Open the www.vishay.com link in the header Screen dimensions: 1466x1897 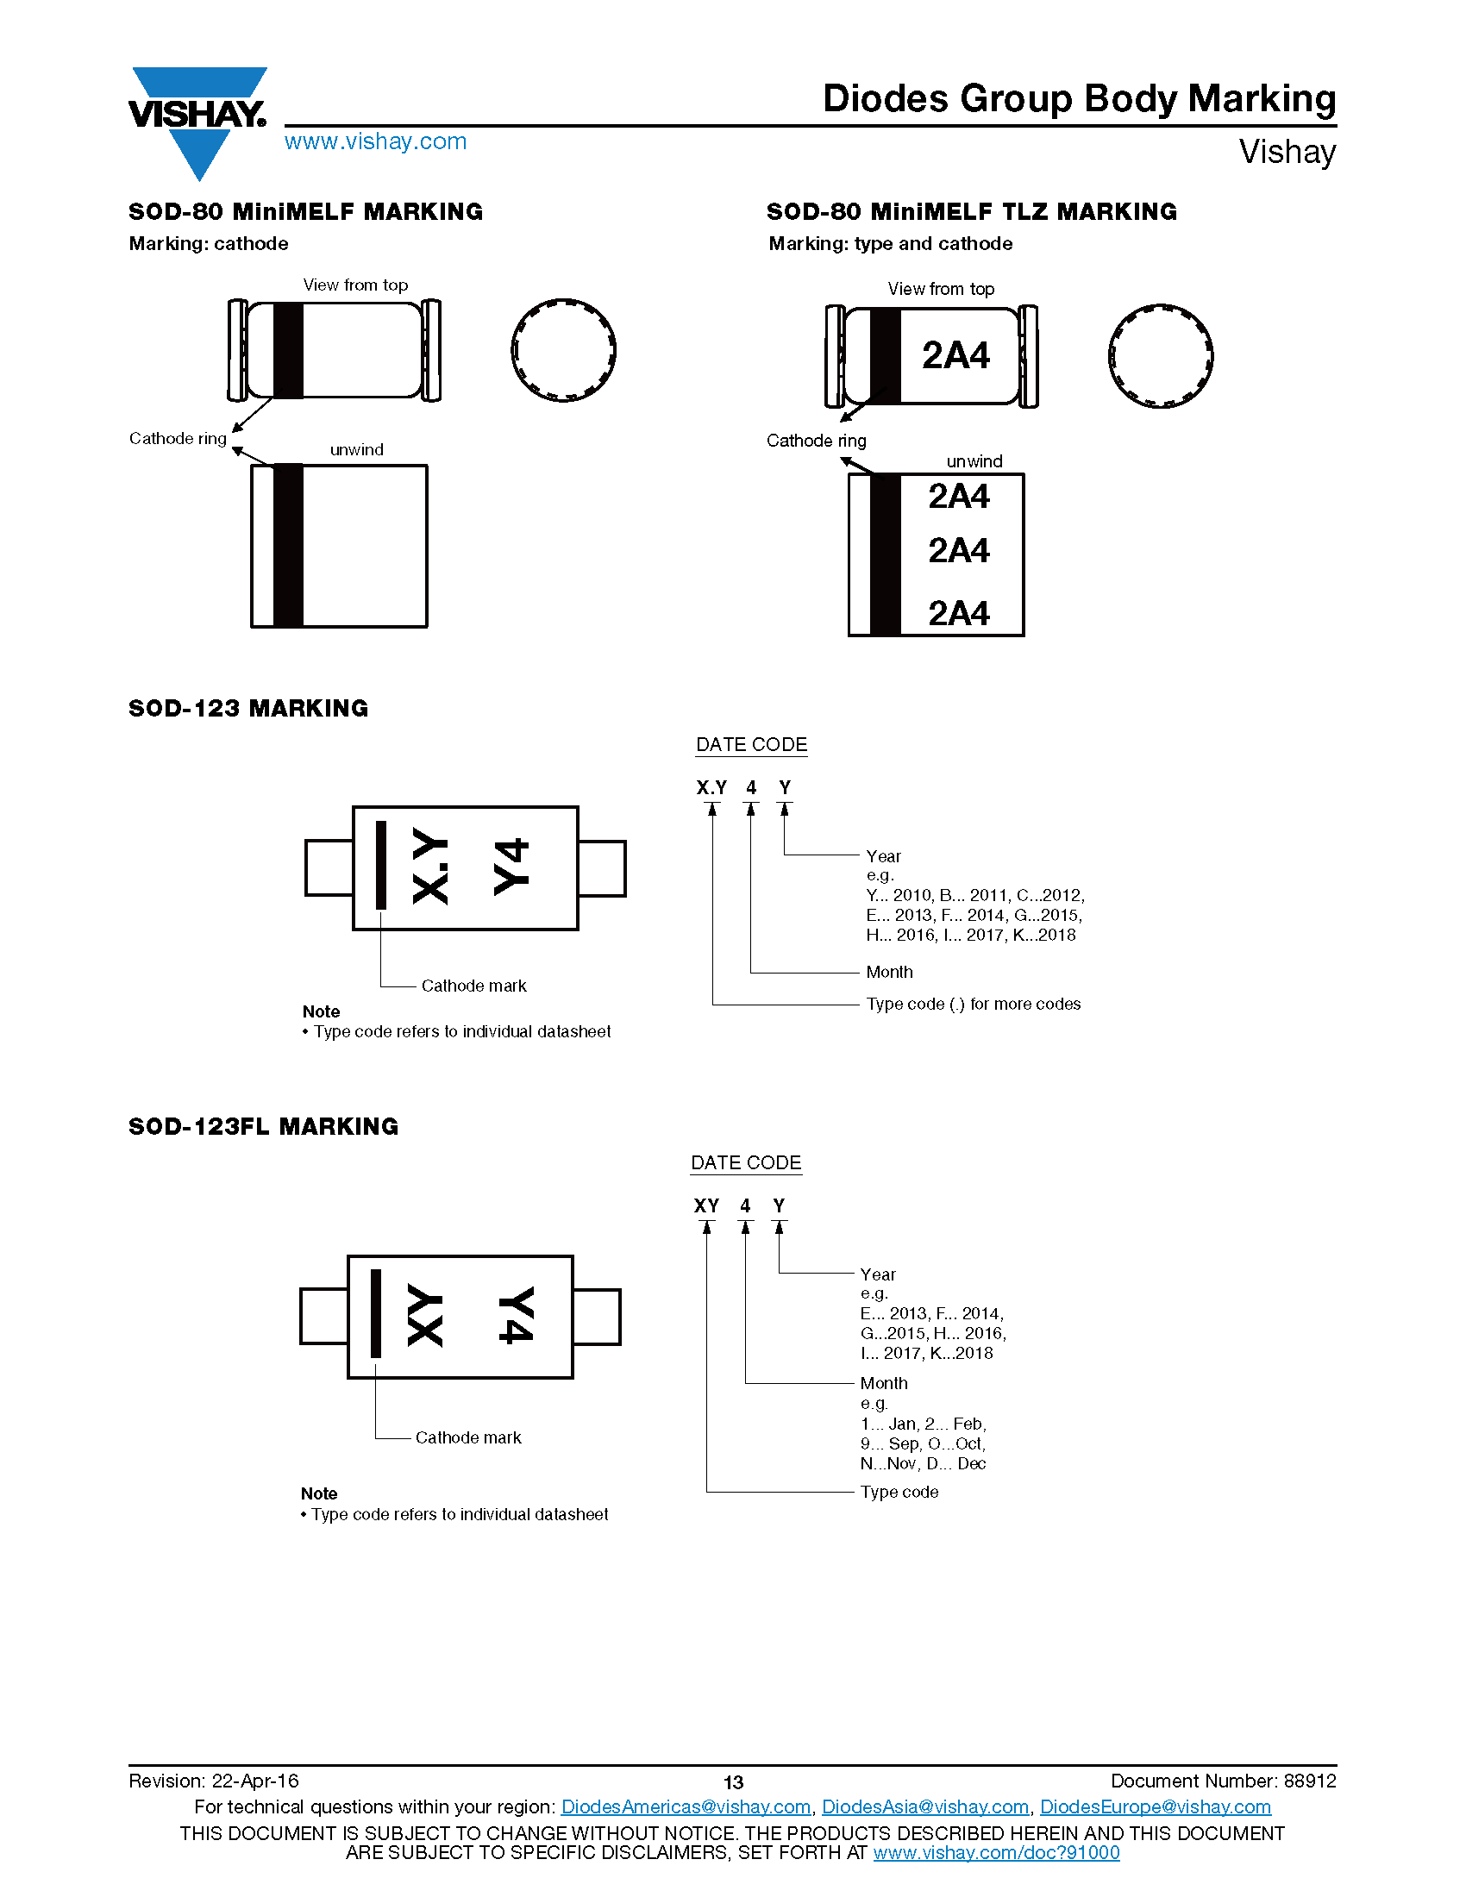point(375,141)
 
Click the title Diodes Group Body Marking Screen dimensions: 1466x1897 point(1079,99)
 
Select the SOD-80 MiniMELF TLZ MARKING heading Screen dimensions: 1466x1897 point(972,211)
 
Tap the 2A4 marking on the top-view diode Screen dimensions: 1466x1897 point(955,355)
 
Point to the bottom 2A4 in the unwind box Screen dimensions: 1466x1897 point(959,613)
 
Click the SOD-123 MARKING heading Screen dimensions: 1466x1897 point(248,709)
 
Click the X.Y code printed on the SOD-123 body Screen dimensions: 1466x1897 point(430,866)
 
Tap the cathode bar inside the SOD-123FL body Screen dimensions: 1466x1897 point(376,1312)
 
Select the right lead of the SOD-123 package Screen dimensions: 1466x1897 point(602,867)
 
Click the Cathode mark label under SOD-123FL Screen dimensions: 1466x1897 point(468,1437)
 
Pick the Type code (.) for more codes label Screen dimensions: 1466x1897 point(973,1004)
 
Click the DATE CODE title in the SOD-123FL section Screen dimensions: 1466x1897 point(746,1163)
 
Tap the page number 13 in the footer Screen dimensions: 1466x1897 point(733,1782)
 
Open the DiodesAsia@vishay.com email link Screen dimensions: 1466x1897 point(925,1806)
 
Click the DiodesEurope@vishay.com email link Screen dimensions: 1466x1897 point(1155,1806)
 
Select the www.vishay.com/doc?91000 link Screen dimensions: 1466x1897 point(996,1852)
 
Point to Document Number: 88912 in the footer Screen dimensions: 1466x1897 point(1223,1781)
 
